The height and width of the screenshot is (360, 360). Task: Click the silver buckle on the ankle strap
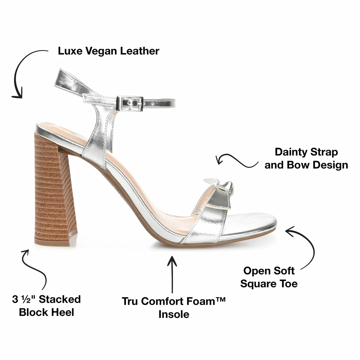pos(130,103)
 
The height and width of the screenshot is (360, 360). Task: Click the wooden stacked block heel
pos(53,190)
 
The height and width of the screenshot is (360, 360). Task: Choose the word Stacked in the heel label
pos(60,299)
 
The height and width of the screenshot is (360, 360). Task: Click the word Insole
pos(174,314)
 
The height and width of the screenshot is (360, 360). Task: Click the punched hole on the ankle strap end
pos(153,104)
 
